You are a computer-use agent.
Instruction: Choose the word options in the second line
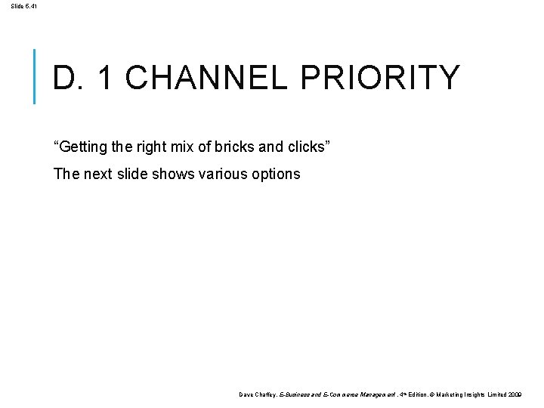pos(276,174)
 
